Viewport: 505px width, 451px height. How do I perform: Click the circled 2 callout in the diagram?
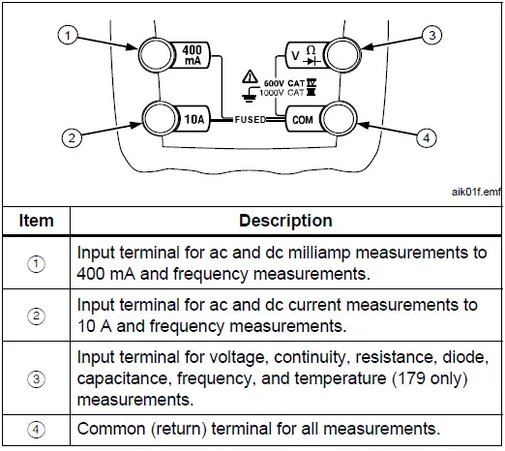click(x=69, y=138)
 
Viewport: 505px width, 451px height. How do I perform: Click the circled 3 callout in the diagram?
click(x=433, y=36)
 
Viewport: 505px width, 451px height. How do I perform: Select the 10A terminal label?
click(x=193, y=120)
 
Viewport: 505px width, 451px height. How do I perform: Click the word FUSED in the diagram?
click(x=251, y=121)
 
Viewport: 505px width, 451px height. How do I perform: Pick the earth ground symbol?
click(x=250, y=96)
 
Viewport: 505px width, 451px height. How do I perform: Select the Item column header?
click(x=36, y=221)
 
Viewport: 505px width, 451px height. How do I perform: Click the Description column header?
click(x=285, y=221)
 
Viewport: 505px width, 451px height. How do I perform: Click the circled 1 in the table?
click(x=36, y=263)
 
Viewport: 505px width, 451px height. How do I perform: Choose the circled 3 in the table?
click(x=36, y=378)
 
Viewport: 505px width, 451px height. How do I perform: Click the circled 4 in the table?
click(x=36, y=428)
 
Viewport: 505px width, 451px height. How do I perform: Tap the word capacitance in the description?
click(x=125, y=378)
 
